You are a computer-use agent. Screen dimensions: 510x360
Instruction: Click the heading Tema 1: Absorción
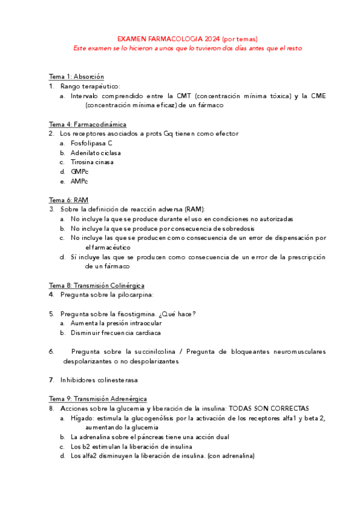click(x=76, y=76)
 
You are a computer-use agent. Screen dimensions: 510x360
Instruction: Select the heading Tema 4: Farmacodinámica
click(x=88, y=124)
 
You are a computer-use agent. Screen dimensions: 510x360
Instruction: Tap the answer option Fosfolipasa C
click(x=91, y=143)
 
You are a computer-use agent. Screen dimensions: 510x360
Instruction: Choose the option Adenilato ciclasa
click(x=96, y=153)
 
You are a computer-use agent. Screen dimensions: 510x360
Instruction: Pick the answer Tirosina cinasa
click(x=92, y=162)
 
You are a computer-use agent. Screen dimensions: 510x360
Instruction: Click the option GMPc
click(x=79, y=172)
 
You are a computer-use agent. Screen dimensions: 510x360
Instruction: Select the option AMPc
click(x=79, y=182)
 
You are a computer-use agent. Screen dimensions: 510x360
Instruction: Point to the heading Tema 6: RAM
click(x=69, y=200)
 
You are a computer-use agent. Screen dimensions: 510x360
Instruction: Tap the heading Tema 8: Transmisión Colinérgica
click(x=97, y=285)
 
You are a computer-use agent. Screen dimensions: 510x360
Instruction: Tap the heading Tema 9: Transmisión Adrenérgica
click(x=97, y=399)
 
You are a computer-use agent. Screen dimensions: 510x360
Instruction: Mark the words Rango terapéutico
click(x=90, y=86)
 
